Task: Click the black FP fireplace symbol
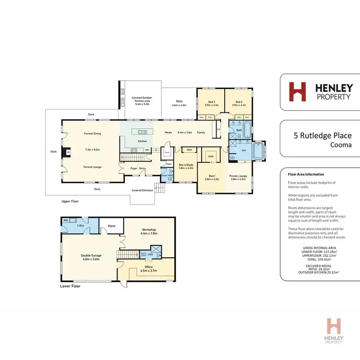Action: (x=68, y=153)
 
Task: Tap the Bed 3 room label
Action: (x=211, y=101)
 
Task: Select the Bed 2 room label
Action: (x=239, y=101)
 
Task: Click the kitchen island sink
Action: (x=143, y=132)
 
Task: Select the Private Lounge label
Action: (x=238, y=176)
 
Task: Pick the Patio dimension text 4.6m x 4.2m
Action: (x=179, y=105)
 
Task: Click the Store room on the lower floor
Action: (x=111, y=226)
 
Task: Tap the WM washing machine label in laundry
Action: (x=66, y=220)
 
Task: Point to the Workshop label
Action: (x=149, y=229)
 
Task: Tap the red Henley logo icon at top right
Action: (x=297, y=91)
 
